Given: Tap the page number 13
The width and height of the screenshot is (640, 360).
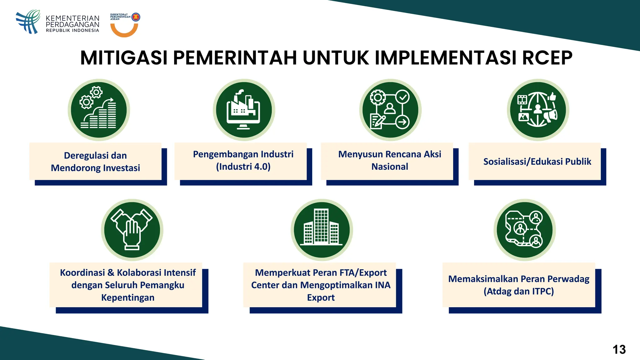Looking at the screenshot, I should point(619,349).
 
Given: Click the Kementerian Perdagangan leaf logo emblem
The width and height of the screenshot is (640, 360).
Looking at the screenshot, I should point(28,22).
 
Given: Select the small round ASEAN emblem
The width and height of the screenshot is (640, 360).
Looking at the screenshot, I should point(136,17).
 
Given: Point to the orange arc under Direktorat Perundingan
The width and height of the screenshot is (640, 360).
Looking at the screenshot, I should point(124,31).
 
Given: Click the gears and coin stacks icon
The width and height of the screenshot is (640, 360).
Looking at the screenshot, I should point(99,110).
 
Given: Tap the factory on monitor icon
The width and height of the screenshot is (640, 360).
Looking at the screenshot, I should point(244,110).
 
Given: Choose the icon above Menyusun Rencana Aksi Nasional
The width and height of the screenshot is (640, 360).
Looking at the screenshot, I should point(390,110).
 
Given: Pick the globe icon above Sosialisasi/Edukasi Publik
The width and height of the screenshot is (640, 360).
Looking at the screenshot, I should point(538,110).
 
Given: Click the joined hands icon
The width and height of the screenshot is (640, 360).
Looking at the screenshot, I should point(132,230).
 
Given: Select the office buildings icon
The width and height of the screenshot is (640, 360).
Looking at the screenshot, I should point(322,230).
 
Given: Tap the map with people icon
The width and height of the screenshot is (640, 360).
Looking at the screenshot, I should point(525,230).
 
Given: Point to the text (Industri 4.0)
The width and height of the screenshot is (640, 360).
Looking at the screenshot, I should point(243,167).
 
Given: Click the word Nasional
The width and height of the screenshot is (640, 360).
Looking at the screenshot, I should point(390,167).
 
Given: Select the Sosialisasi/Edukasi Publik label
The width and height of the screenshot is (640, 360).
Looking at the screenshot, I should point(537,162).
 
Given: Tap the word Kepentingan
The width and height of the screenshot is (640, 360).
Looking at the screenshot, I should point(128,297).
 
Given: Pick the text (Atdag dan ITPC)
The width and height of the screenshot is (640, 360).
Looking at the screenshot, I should point(519,291).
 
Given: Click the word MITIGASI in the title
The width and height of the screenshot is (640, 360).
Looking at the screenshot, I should point(124,58).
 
